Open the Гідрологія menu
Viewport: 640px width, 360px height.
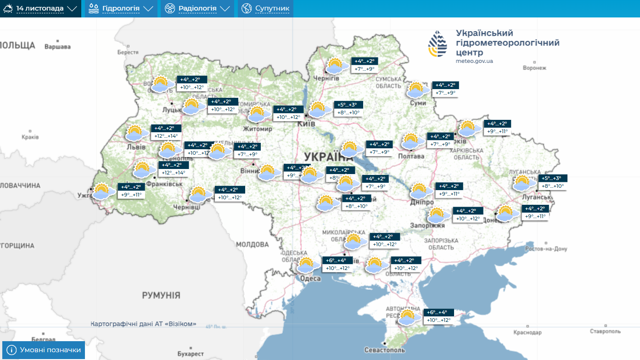point(121,9)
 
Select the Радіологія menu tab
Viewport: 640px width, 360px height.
point(197,9)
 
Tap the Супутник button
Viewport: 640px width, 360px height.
point(266,9)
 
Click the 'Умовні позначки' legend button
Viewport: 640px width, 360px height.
point(44,350)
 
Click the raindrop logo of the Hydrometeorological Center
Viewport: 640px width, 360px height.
point(438,44)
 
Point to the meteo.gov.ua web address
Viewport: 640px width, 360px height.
point(474,61)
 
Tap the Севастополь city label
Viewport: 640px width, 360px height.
point(385,350)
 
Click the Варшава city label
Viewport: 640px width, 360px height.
point(58,46)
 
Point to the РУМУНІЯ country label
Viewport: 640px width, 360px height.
point(161,295)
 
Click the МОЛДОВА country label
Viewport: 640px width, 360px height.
point(252,244)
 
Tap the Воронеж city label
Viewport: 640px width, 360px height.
point(534,68)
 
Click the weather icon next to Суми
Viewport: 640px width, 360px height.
point(417,90)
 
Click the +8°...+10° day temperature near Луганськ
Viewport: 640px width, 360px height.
point(552,186)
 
